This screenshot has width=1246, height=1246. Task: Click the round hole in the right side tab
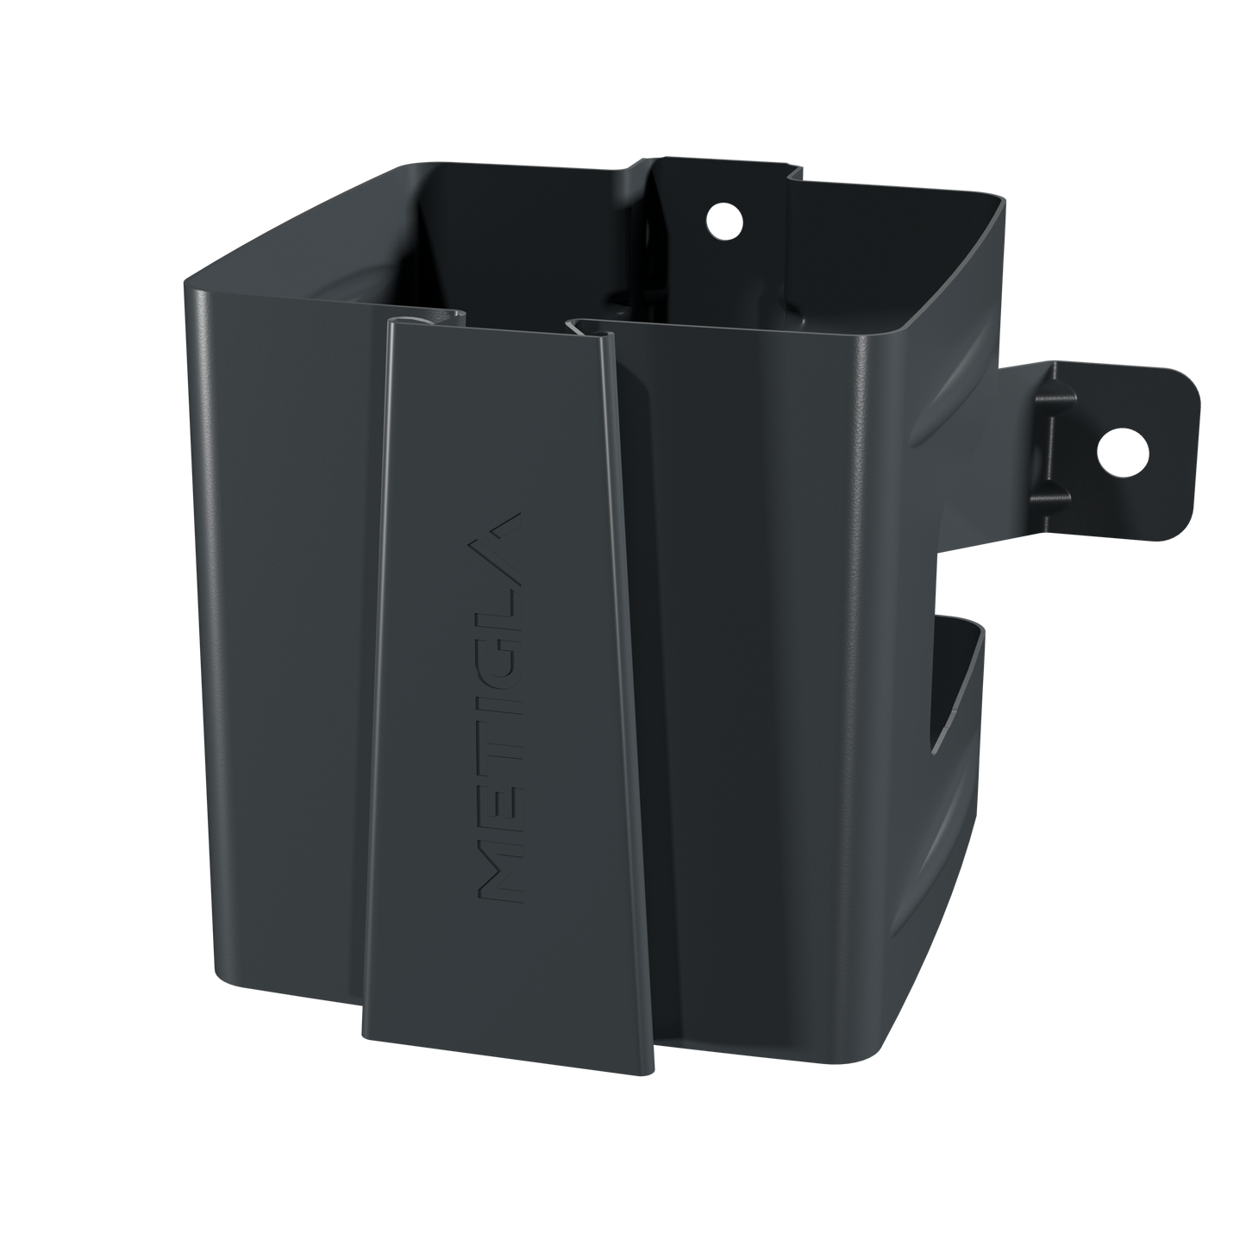pos(1123,454)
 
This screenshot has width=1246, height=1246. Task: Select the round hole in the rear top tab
pos(724,221)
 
